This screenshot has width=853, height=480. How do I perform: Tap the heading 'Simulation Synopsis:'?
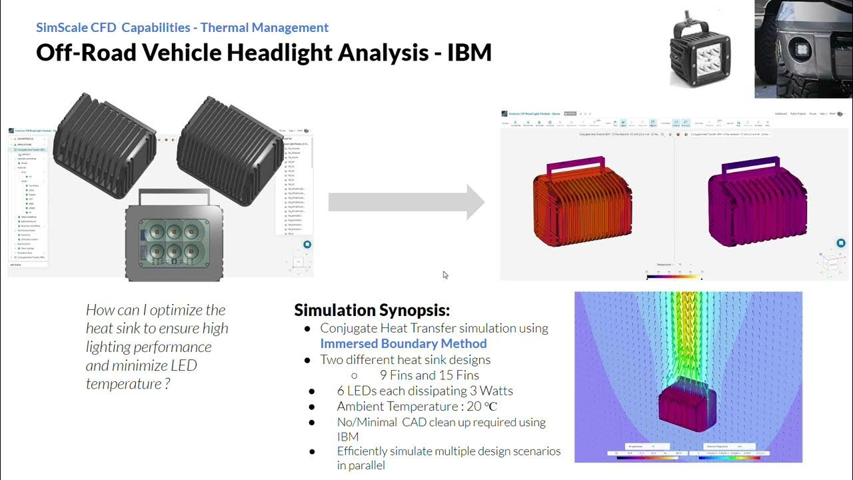(372, 310)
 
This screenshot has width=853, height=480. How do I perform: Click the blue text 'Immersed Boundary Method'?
(403, 344)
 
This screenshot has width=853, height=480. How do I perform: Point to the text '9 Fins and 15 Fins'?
(429, 375)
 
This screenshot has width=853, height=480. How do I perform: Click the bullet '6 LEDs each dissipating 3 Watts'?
(425, 391)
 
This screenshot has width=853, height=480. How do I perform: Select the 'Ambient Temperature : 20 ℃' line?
(417, 407)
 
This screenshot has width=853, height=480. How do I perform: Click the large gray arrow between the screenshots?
(406, 202)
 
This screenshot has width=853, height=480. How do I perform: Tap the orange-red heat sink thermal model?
(582, 203)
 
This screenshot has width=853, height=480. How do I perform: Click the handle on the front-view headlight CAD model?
(174, 196)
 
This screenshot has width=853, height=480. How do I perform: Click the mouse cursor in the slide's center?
(445, 275)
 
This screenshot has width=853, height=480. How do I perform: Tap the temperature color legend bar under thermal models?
(674, 275)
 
